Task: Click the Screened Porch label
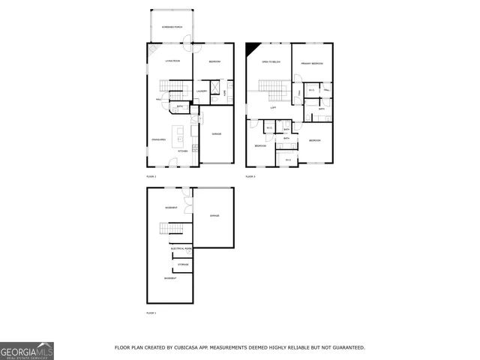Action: [x=172, y=27]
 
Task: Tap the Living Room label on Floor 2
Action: [x=172, y=61]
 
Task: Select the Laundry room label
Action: [x=201, y=91]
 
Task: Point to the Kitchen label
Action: [x=182, y=150]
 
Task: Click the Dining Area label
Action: [x=158, y=139]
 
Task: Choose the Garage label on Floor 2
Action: [x=215, y=134]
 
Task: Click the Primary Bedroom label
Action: [x=312, y=64]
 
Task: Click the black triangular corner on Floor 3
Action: [x=250, y=48]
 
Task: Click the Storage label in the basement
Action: [x=183, y=265]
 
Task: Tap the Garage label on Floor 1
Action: [x=214, y=216]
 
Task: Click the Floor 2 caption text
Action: [x=151, y=176]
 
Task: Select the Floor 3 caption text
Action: [x=250, y=176]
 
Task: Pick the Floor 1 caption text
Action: [x=151, y=312]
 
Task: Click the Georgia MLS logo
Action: [x=27, y=351]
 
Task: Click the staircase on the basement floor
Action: [x=172, y=229]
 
